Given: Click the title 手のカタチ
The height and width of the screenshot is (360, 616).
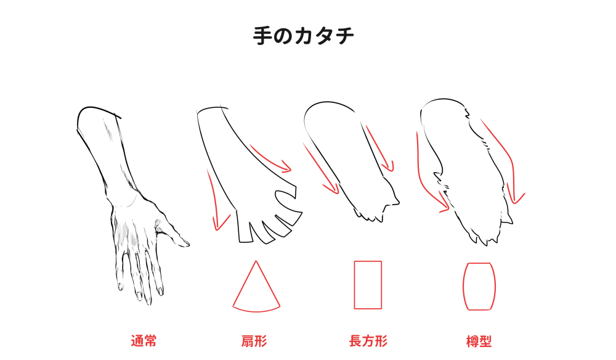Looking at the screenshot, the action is tap(303, 35).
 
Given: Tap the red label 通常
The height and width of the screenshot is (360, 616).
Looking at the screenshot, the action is tap(144, 341).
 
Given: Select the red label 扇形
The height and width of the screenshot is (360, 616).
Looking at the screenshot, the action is tap(254, 341).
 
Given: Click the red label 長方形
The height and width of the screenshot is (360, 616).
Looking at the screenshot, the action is tap(368, 341).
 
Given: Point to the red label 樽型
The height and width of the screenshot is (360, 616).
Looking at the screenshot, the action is tap(479, 341).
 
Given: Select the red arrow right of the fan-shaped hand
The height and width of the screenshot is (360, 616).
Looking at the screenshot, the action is tap(270, 159).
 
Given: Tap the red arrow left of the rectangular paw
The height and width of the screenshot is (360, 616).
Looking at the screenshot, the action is tap(320, 169).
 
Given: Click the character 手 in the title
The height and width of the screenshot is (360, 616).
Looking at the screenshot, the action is tap(262, 36).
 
